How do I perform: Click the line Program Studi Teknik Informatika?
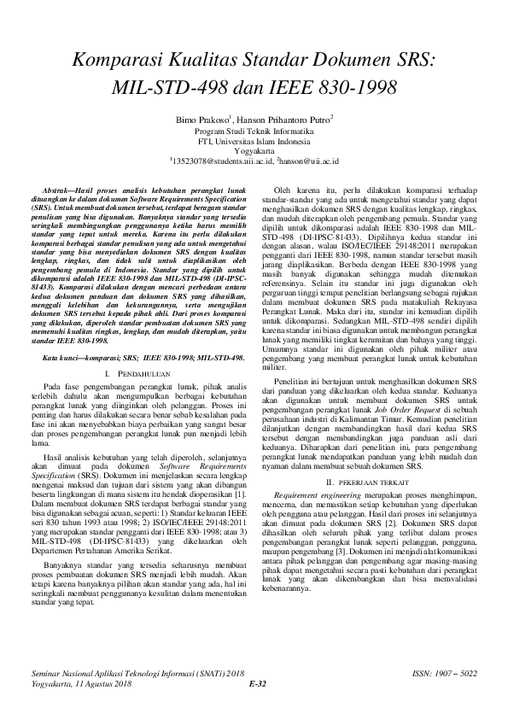254,132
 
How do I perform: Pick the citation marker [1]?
240,494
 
